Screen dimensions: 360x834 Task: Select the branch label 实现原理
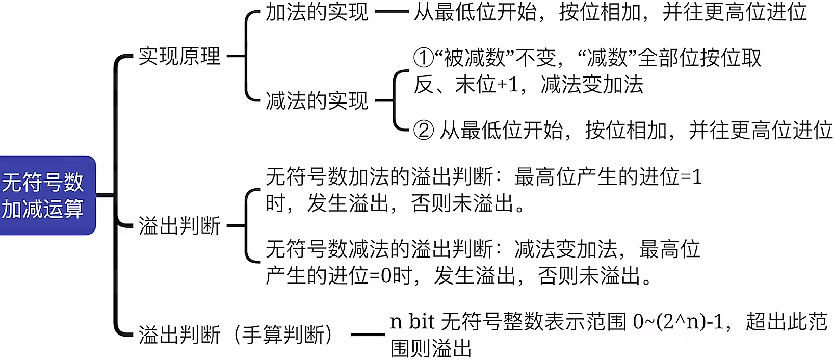click(179, 56)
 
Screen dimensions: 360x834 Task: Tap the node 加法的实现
click(317, 12)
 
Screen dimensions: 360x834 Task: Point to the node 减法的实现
click(317, 100)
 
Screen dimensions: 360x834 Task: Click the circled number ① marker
click(423, 58)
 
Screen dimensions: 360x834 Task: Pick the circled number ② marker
click(423, 131)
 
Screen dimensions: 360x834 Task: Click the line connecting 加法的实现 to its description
click(391, 12)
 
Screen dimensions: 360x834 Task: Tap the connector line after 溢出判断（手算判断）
click(368, 335)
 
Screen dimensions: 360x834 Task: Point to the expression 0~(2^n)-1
click(678, 322)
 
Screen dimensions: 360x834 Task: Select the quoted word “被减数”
click(475, 58)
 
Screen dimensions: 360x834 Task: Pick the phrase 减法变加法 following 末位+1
click(592, 85)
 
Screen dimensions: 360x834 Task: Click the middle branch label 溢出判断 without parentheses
click(179, 226)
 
